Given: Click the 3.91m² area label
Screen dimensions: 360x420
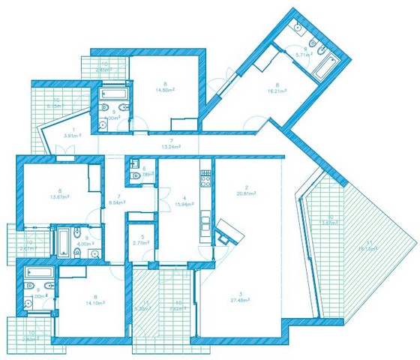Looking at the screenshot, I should [71, 136].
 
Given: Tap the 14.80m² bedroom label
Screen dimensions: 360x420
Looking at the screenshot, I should [164, 90].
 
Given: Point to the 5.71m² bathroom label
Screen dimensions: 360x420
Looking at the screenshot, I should [303, 55].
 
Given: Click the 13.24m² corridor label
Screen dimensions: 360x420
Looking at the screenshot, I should [171, 148].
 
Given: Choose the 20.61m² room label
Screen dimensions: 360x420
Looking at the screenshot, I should [247, 193].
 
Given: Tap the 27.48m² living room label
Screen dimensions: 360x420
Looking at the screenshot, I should [241, 299].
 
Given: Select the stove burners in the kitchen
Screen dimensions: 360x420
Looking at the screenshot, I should [204, 179].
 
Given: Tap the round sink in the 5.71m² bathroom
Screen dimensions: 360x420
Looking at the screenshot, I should [297, 28].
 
